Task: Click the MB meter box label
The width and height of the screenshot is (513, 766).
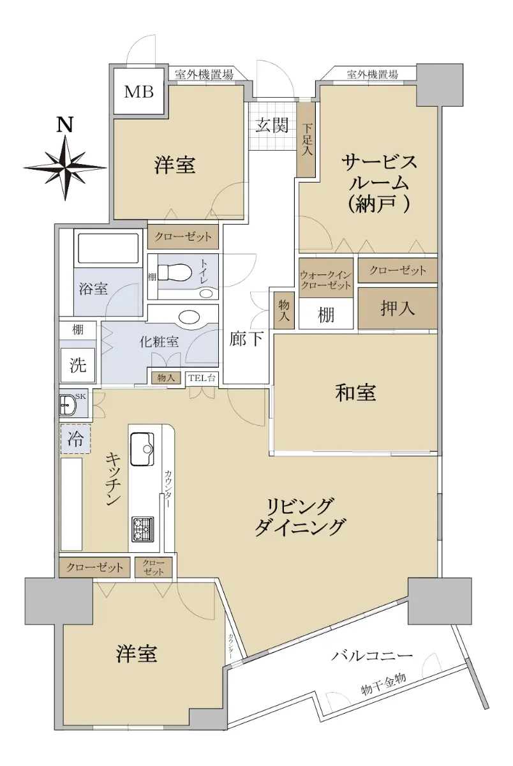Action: tap(138, 92)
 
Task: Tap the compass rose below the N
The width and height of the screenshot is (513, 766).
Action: tap(65, 167)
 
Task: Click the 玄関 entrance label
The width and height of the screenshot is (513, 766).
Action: tap(272, 125)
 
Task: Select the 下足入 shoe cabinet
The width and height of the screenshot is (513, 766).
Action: tap(306, 140)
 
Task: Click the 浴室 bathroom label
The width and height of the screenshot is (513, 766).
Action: tap(93, 289)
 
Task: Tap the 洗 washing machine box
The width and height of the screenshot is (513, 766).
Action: tap(78, 365)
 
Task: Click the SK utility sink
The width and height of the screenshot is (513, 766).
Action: tap(69, 405)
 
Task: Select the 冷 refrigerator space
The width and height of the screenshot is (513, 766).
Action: tap(75, 439)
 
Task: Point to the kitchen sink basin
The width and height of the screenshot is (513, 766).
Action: tap(142, 449)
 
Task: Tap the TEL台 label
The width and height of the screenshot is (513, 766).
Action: tap(202, 378)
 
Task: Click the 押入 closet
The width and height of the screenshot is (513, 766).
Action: tap(398, 308)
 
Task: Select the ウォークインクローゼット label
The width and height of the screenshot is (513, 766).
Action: tap(325, 280)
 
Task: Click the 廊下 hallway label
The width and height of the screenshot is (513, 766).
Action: tap(246, 338)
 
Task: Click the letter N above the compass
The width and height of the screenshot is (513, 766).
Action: tap(64, 125)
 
